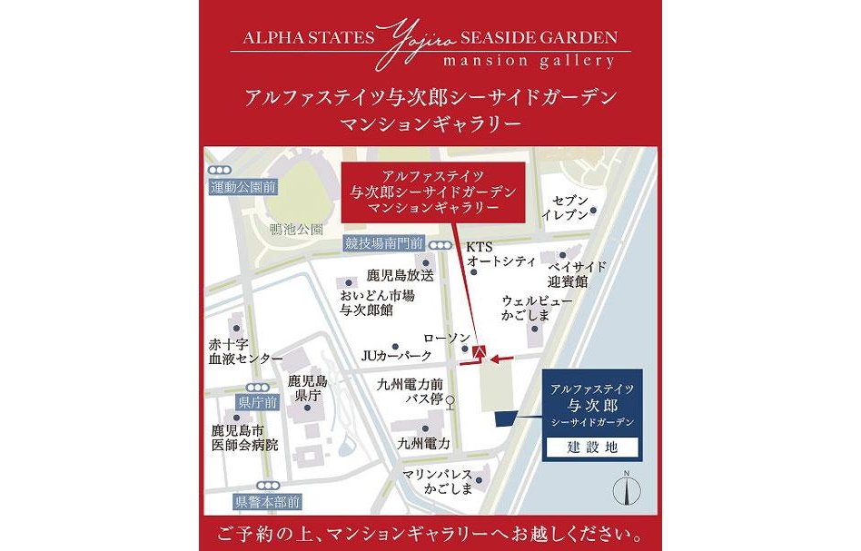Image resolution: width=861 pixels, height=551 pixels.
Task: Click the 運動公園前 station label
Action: click(x=242, y=187)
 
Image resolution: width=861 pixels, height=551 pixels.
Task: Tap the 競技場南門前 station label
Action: click(x=384, y=243)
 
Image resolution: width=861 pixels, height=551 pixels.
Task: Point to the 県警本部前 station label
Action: click(x=267, y=500)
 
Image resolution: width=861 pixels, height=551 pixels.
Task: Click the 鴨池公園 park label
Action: click(x=296, y=230)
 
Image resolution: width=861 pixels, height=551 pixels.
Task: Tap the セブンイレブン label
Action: click(x=566, y=207)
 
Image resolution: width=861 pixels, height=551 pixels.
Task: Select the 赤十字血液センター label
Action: click(x=246, y=351)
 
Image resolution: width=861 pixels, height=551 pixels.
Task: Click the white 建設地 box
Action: click(x=591, y=447)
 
